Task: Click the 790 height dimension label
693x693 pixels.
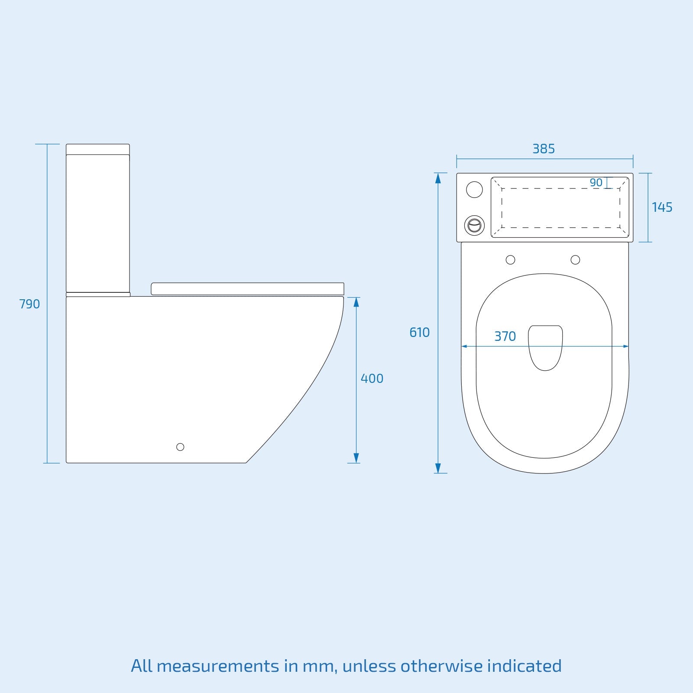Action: (29, 304)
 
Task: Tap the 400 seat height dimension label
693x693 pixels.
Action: (372, 379)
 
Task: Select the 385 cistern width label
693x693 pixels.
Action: (544, 149)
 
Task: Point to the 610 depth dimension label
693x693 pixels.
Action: (419, 333)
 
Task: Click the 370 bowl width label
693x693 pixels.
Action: (505, 337)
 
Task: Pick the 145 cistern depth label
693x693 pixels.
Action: (662, 207)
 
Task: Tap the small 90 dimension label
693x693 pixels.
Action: (596, 183)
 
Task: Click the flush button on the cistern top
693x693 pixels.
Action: (475, 226)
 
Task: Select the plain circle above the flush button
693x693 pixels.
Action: (475, 190)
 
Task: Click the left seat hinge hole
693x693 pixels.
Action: (511, 260)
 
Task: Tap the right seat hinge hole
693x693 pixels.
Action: (575, 260)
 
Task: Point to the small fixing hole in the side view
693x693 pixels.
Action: (180, 447)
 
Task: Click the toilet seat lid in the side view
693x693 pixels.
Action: (247, 289)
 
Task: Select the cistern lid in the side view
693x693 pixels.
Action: (98, 149)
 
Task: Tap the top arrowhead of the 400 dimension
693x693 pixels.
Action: (356, 302)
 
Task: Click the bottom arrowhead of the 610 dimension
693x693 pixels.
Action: (438, 468)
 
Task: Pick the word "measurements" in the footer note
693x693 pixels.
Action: (218, 666)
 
